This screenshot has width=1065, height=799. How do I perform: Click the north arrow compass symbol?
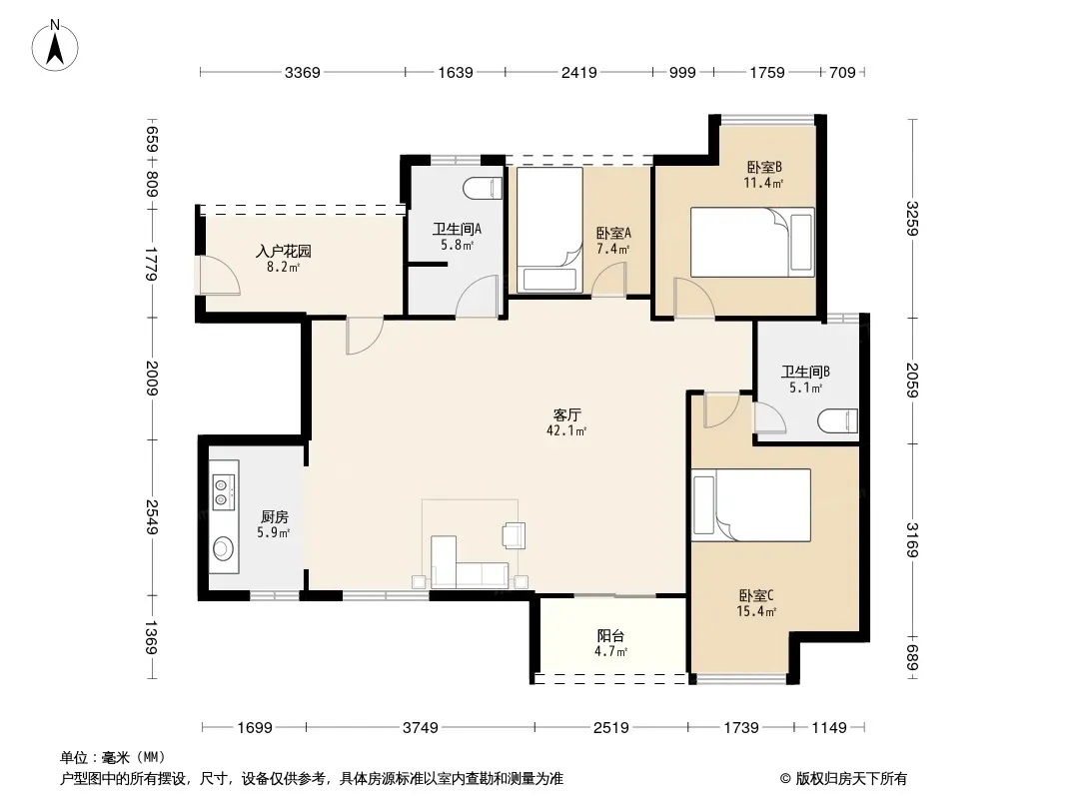click(55, 46)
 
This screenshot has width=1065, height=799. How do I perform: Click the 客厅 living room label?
click(566, 414)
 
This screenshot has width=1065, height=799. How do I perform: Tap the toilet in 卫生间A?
click(484, 188)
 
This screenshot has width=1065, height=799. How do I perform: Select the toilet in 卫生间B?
click(838, 420)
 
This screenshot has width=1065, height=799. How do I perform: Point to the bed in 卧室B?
click(752, 243)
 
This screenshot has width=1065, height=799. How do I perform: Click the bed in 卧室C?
click(751, 505)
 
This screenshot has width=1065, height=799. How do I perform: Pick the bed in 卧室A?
click(549, 230)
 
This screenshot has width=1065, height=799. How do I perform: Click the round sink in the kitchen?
click(223, 548)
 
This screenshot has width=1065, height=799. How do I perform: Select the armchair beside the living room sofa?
click(513, 534)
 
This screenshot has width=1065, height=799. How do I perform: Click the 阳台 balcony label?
click(610, 636)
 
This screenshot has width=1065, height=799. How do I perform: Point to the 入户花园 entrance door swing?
click(219, 275)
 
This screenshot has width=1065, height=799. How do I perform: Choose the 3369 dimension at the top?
click(303, 72)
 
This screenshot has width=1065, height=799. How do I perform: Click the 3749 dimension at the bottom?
click(421, 728)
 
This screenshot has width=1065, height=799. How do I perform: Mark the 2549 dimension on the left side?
click(151, 516)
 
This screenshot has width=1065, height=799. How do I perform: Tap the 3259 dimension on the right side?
click(912, 219)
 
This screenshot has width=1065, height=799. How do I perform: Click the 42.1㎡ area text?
click(566, 430)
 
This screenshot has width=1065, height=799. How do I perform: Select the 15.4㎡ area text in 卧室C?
click(756, 611)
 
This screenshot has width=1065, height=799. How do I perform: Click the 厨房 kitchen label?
click(275, 517)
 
